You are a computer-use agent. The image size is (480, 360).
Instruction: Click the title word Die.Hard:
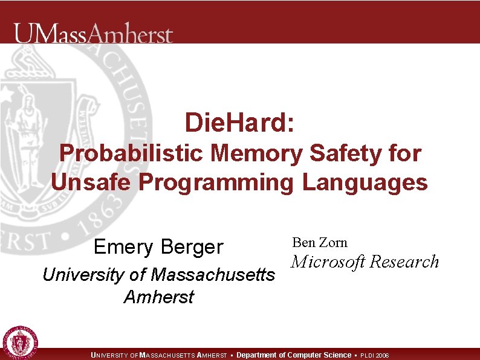[x=240, y=123]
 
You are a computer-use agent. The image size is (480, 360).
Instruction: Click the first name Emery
[x=123, y=247]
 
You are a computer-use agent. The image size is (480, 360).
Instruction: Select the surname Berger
[x=192, y=247]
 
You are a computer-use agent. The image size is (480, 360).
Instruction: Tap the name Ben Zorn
[x=320, y=243]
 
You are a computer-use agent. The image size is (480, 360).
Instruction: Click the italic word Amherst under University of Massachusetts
[x=158, y=297]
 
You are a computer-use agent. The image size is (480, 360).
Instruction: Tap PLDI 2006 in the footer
[x=375, y=355]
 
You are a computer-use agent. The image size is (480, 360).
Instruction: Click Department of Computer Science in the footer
[x=294, y=355]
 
